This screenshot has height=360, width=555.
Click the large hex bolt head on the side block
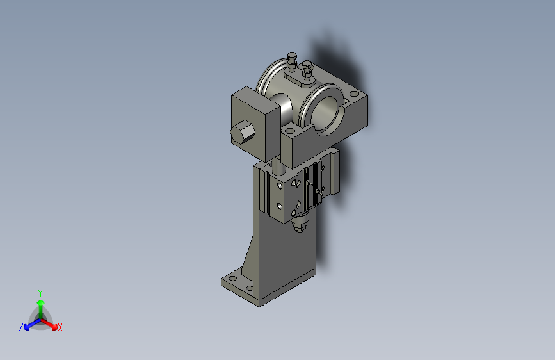coord(243,131)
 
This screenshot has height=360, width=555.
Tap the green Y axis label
coord(40,293)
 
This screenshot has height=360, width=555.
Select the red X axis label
coord(60,328)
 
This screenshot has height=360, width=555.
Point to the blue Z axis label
coord(21,327)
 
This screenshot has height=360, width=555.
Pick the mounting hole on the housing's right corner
coord(354,94)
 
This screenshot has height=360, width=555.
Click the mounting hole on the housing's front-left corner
coord(290,131)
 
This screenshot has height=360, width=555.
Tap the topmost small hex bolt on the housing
coord(292,56)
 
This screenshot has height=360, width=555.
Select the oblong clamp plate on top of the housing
coord(300,79)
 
